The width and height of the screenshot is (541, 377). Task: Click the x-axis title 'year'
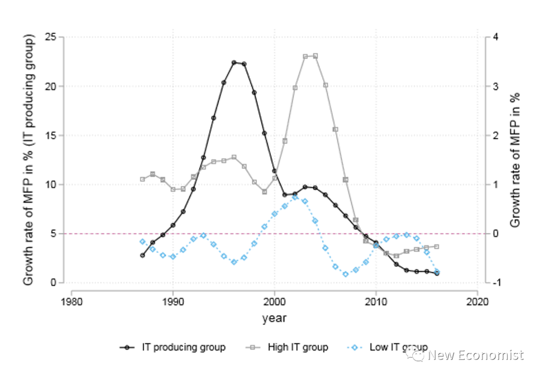[x=274, y=318]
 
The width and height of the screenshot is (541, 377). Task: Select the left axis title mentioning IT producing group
[x=29, y=160]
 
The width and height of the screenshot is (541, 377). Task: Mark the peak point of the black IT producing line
[x=234, y=63]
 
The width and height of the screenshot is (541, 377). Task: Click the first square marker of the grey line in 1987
[x=142, y=179]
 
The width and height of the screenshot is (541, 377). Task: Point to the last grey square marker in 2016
[x=437, y=246]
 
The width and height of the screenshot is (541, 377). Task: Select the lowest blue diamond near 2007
[x=346, y=274]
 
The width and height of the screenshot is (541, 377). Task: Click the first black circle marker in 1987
[x=142, y=255]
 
